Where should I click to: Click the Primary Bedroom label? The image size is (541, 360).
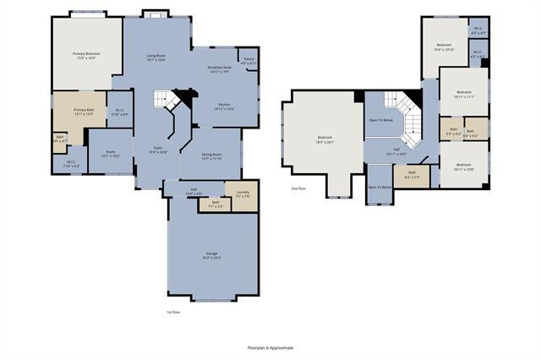point(86,56)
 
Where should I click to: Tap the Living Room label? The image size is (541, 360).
point(156,57)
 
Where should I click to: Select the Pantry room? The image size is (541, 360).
point(249,61)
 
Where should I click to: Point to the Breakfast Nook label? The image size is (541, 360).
point(220,70)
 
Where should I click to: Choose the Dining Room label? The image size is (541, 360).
point(212,156)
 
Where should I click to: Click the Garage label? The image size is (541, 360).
point(211,255)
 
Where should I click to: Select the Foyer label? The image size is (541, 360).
point(158,150)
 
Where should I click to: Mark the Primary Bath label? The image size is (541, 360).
point(84,112)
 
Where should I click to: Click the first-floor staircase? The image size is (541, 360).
point(166,101)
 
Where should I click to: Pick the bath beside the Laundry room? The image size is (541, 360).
point(215,204)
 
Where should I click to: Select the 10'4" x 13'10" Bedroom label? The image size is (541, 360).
point(445,47)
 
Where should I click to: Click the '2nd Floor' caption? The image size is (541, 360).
point(298,188)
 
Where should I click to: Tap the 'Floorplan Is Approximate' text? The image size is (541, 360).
point(270,347)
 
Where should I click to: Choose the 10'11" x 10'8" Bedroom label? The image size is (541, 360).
point(464,167)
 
